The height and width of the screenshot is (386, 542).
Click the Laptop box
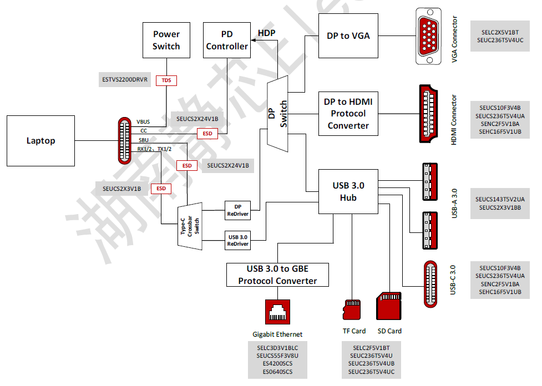tap(40, 141)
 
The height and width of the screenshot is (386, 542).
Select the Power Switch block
tap(166, 40)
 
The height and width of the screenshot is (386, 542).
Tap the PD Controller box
tap(226, 40)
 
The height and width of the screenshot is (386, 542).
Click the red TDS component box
tap(166, 80)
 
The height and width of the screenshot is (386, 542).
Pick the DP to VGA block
tap(348, 36)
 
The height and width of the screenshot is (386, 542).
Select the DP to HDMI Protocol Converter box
tap(348, 114)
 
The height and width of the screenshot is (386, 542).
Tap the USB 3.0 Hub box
tap(348, 191)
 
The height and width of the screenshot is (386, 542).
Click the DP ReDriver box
tap(238, 210)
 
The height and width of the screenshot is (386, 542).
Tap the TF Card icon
tap(352, 309)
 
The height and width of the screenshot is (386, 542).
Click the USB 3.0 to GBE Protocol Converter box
tap(277, 275)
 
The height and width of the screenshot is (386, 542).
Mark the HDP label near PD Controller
tap(266, 33)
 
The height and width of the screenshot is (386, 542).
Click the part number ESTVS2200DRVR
tap(125, 80)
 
